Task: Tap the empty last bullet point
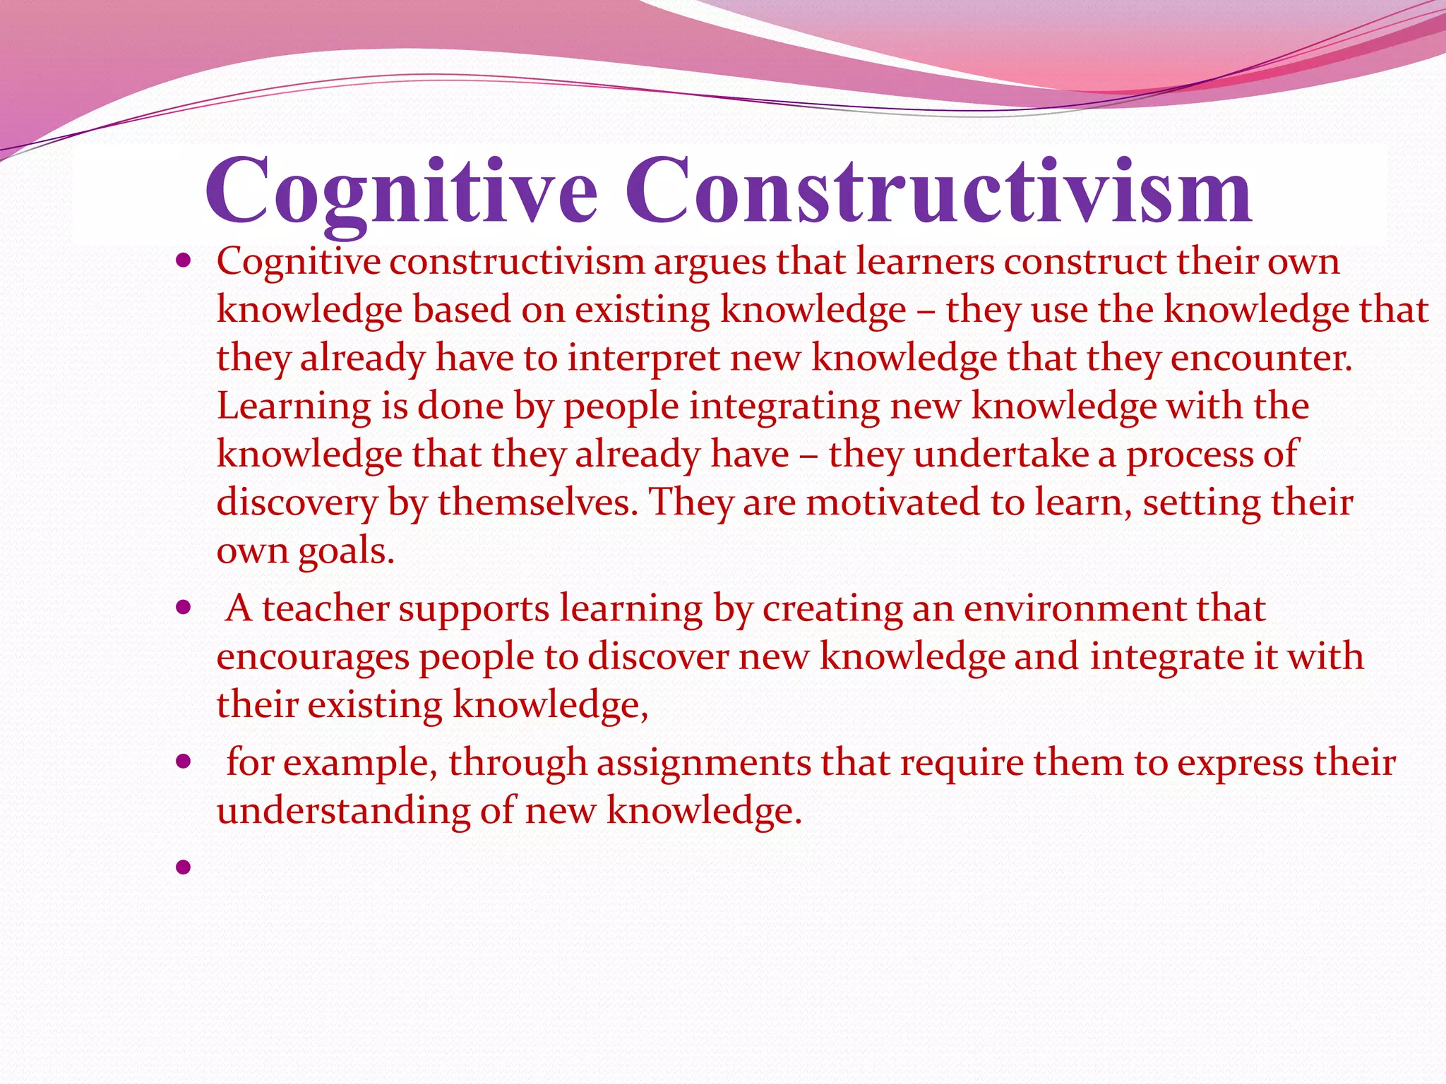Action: point(184,867)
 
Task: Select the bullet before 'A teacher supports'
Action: point(184,608)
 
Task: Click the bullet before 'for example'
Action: point(184,762)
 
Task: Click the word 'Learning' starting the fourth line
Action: point(293,407)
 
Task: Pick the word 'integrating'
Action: point(784,407)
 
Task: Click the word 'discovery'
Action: point(297,503)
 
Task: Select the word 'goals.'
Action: point(346,552)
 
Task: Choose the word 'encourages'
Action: point(313,658)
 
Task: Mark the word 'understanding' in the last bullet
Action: point(343,810)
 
